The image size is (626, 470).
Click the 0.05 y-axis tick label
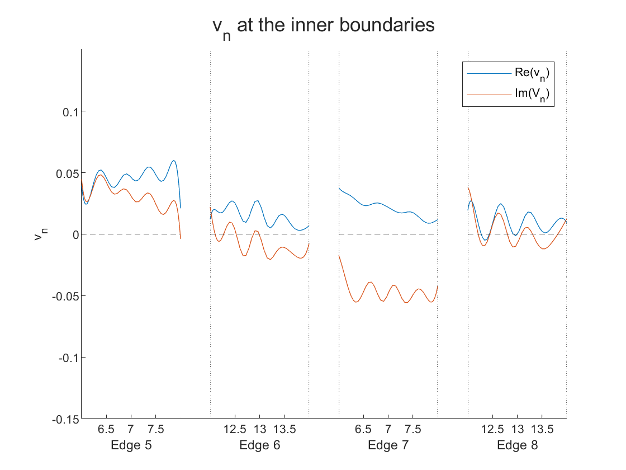click(x=67, y=173)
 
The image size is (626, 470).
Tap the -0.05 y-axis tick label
click(x=66, y=296)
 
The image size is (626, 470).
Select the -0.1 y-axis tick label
click(x=68, y=358)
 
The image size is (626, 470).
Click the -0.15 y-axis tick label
click(x=66, y=419)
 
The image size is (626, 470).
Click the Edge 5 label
click(x=131, y=445)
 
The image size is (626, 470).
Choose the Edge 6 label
click(x=260, y=445)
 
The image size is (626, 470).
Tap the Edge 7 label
click(x=388, y=445)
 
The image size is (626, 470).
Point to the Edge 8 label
click(x=517, y=445)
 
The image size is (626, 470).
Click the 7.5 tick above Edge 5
click(x=155, y=429)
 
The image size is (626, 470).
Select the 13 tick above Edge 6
click(x=260, y=429)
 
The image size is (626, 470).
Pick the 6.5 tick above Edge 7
click(x=363, y=429)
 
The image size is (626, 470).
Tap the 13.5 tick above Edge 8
click(x=542, y=429)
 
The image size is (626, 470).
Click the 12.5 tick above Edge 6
click(x=235, y=429)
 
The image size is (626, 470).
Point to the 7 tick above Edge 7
click(x=388, y=429)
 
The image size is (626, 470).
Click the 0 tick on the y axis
click(x=74, y=234)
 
